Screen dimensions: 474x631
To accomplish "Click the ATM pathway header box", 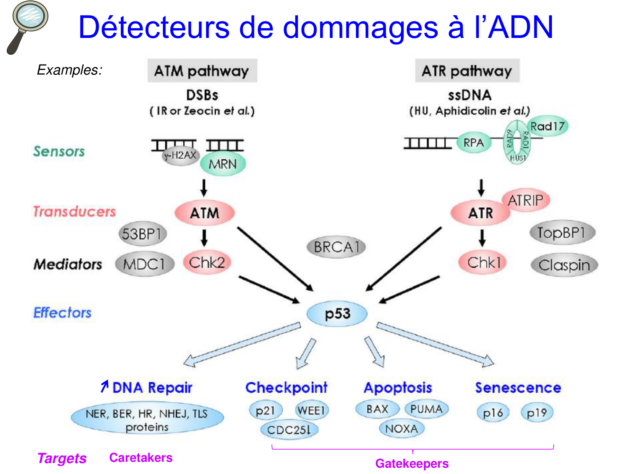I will click(202, 71).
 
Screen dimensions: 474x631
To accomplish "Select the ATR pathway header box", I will click(467, 71).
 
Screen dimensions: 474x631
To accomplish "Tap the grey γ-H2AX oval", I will click(180, 156).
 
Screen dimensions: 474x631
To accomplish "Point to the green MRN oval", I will click(223, 164).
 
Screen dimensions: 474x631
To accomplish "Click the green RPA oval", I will click(474, 143).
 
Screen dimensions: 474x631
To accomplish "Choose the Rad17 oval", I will click(547, 126).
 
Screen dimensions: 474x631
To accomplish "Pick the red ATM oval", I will click(204, 213).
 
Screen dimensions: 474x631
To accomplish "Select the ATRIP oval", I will click(525, 201).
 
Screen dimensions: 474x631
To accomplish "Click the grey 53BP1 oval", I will click(142, 234).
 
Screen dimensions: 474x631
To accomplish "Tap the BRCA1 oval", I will click(336, 247).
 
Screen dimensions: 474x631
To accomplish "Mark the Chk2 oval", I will click(207, 262).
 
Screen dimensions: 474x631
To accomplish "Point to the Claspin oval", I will click(564, 265).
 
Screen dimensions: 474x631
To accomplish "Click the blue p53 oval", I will click(337, 314).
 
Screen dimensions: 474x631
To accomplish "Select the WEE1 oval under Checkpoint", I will click(311, 410).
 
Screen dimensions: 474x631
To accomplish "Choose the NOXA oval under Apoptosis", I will click(401, 429).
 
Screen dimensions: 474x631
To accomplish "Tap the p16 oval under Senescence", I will click(493, 413).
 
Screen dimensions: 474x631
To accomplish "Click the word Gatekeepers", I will click(412, 463).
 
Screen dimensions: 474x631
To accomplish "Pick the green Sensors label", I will click(59, 151).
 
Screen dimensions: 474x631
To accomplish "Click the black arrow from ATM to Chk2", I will click(204, 238).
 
